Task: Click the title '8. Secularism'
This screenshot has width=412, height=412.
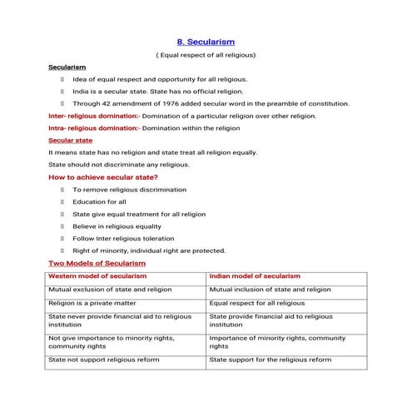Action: click(206, 40)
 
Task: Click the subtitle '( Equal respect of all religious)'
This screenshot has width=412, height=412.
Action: click(206, 54)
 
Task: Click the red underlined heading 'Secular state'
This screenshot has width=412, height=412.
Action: click(71, 141)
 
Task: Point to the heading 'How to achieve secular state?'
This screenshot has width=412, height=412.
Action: click(103, 177)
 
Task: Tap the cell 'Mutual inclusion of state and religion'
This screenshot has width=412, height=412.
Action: click(270, 289)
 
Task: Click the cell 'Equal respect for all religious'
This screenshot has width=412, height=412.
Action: click(257, 303)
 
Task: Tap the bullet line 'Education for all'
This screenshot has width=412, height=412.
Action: click(99, 201)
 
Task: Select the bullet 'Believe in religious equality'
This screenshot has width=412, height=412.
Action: click(117, 226)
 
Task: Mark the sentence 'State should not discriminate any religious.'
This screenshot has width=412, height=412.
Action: click(119, 165)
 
